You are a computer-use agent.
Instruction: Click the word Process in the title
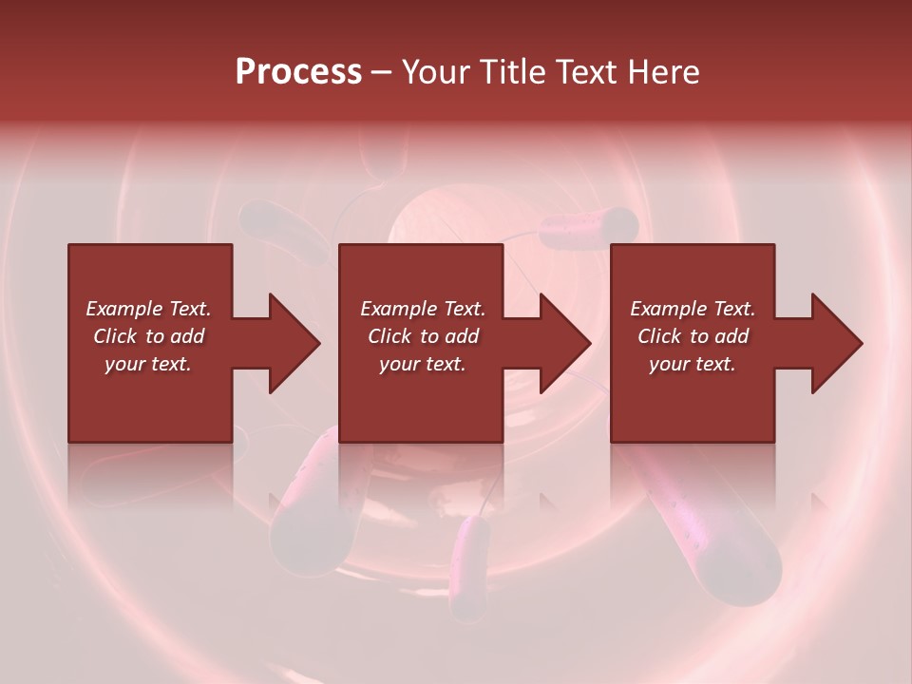(298, 71)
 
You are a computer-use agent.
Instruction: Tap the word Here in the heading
(664, 71)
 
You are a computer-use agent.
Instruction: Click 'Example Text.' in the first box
(148, 309)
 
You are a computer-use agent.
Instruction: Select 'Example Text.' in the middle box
(423, 309)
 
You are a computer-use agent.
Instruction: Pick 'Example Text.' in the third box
(693, 309)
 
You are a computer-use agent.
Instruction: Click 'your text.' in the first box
(148, 364)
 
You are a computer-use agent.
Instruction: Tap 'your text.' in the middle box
(423, 364)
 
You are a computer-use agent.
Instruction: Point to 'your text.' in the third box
(693, 364)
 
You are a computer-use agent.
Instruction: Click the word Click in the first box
(115, 336)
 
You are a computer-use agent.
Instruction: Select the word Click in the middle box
(389, 336)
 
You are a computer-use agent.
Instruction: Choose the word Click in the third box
(659, 336)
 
